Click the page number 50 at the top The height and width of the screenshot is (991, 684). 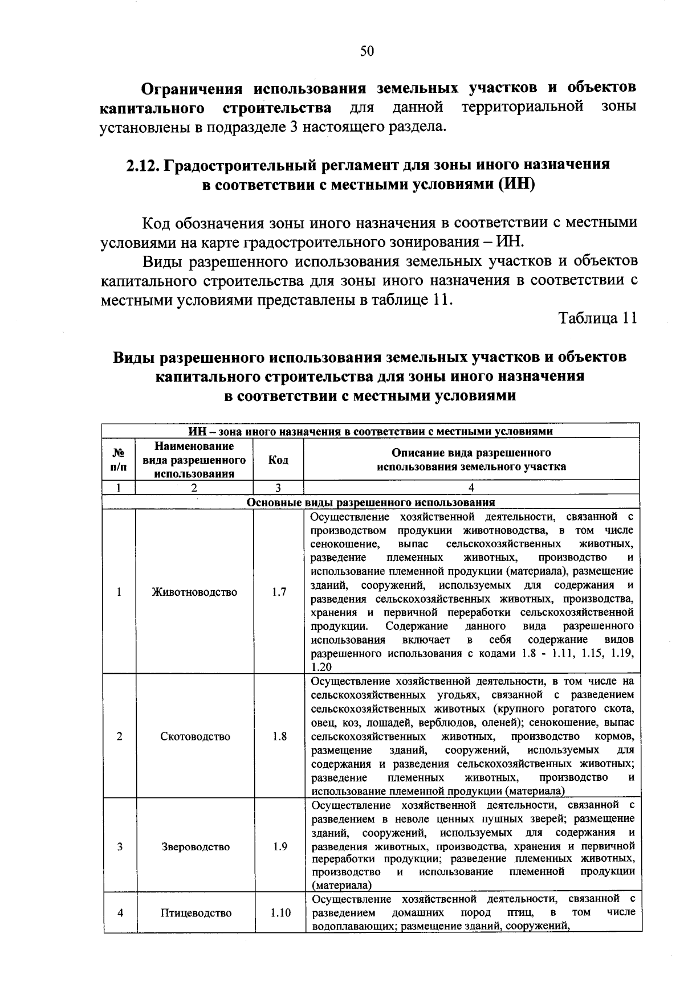click(367, 52)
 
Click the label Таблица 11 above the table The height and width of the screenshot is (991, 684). click(597, 318)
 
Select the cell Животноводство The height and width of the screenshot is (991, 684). click(194, 592)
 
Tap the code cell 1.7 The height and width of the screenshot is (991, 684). click(279, 592)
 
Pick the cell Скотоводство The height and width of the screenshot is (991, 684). click(195, 736)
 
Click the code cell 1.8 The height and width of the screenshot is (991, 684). click(279, 736)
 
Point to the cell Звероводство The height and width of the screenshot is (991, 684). click(195, 847)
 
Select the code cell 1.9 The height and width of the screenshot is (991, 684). click(279, 847)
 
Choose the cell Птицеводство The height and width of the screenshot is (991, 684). click(196, 913)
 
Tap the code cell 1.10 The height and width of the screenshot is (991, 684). click(280, 913)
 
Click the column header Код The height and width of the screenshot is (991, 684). click(278, 460)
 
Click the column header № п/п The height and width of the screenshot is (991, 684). click(119, 460)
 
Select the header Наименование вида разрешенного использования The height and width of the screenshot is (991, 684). click(194, 460)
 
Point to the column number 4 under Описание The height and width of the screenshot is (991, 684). click(471, 488)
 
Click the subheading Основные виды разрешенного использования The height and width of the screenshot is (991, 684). click(370, 502)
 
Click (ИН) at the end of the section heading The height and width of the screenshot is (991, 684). click(515, 185)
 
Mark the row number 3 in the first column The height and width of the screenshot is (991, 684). click(119, 847)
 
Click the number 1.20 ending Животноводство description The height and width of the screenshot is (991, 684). click(322, 667)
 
